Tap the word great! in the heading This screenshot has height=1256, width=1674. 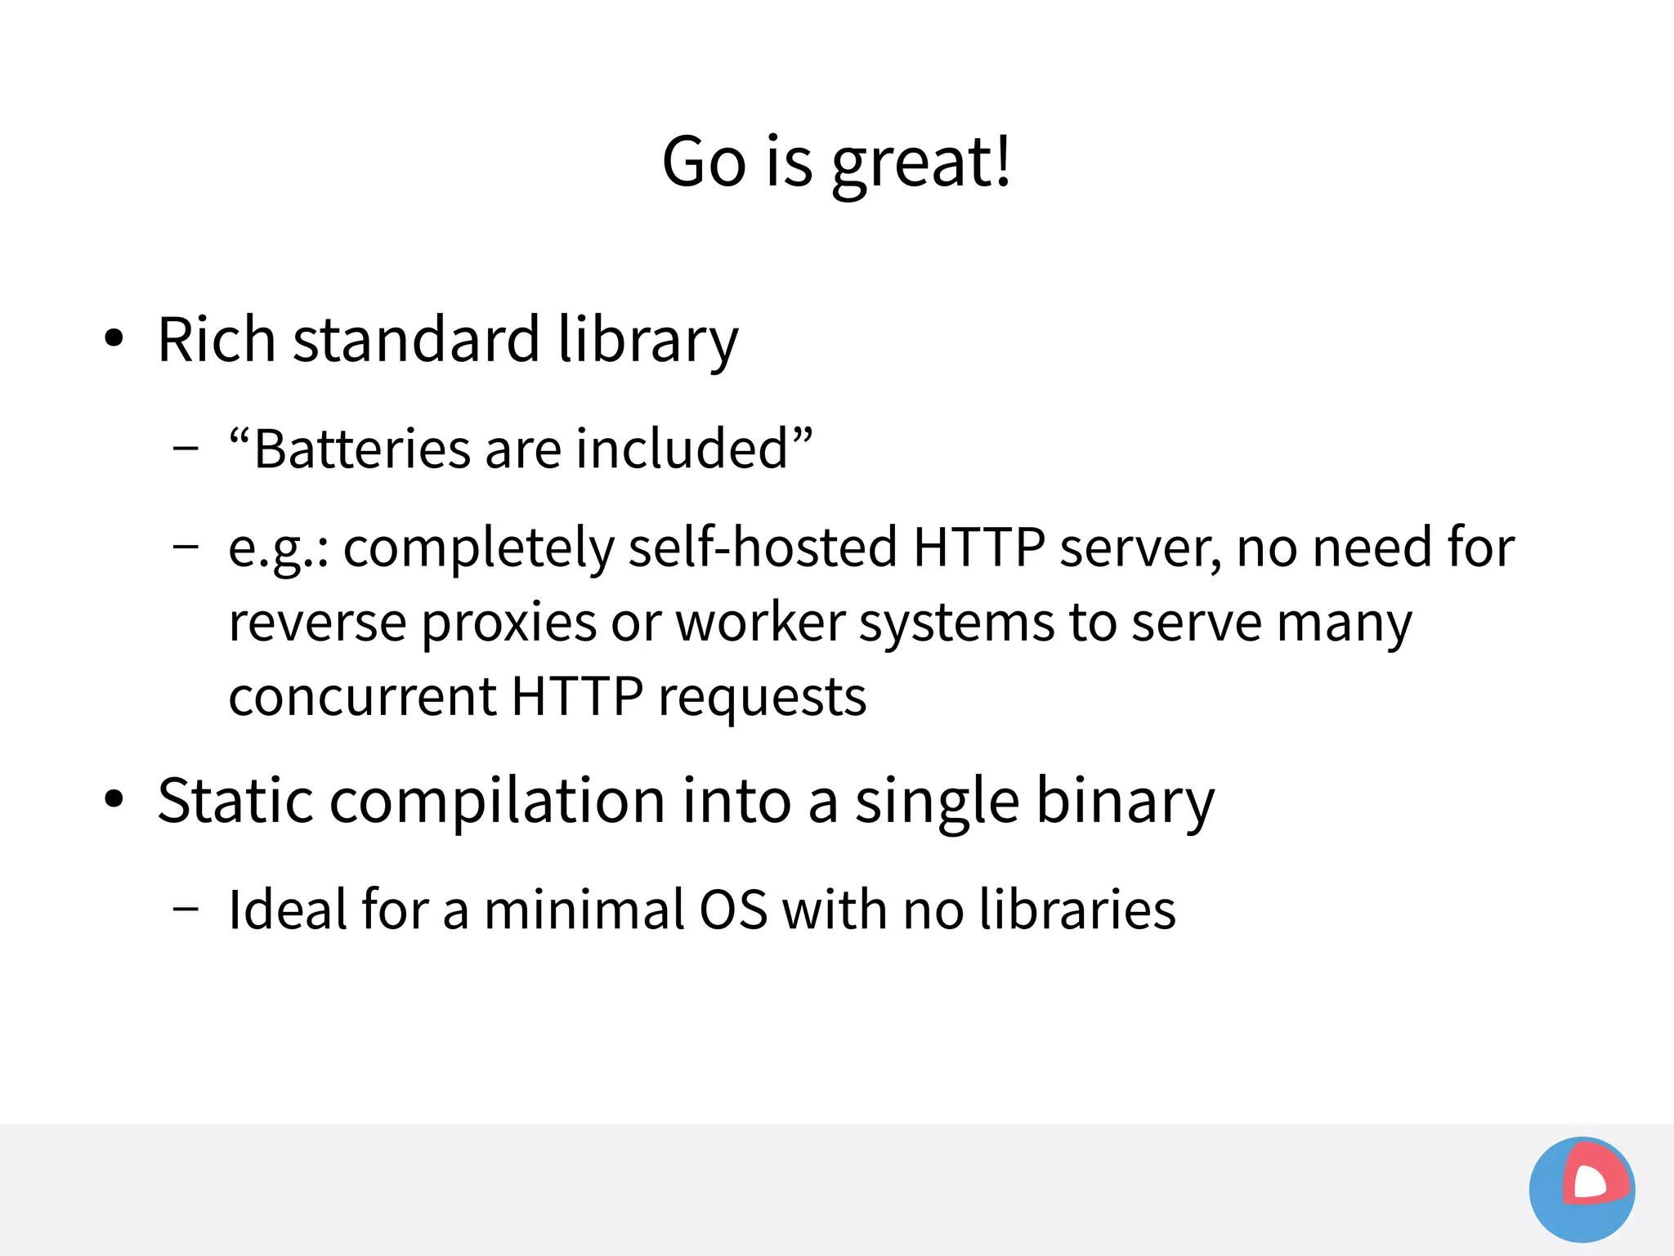tap(921, 163)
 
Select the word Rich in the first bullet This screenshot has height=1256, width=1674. tap(216, 339)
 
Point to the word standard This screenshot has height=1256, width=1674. tap(416, 339)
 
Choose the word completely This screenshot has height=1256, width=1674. tap(478, 548)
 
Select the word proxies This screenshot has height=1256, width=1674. tap(509, 624)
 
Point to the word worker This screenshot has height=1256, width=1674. tap(760, 623)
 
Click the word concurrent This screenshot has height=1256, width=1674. tap(363, 697)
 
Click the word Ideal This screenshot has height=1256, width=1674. tap(287, 910)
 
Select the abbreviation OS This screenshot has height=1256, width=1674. tap(733, 910)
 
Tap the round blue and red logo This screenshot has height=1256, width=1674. tap(1582, 1189)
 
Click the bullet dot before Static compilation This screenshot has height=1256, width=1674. tap(114, 800)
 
